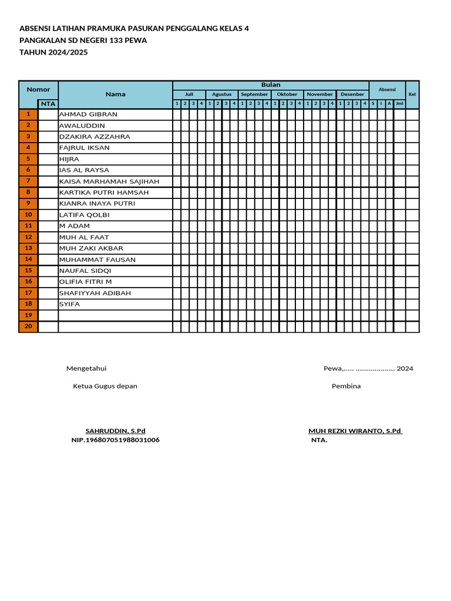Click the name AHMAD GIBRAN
point(88,114)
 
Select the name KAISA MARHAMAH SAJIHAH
point(109,181)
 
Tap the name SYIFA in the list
point(69,304)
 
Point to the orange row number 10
point(28,215)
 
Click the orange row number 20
point(28,326)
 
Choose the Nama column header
point(116,94)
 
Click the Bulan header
point(271,85)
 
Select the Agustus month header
point(222,94)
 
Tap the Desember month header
point(352,94)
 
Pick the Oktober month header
point(287,94)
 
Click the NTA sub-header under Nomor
point(48,104)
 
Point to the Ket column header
point(412,94)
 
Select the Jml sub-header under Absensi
point(399,104)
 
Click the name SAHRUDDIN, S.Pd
point(116,431)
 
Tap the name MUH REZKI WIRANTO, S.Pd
point(355,431)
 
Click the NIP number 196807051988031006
point(115,440)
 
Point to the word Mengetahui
point(86,369)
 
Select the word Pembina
point(346,386)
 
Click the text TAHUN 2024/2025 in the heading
point(54,52)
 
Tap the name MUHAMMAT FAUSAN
point(97,259)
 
